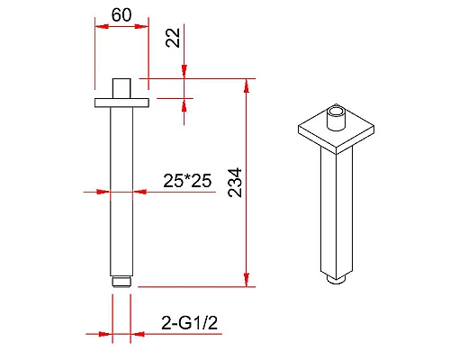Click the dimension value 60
(121, 14)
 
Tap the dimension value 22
(173, 38)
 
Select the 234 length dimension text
(235, 183)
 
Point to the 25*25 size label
(187, 181)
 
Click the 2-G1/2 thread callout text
(189, 323)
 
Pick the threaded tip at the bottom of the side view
(121, 282)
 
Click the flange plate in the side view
(121, 103)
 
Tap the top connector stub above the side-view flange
(121, 88)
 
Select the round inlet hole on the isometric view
(336, 112)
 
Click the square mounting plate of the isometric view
(336, 130)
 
